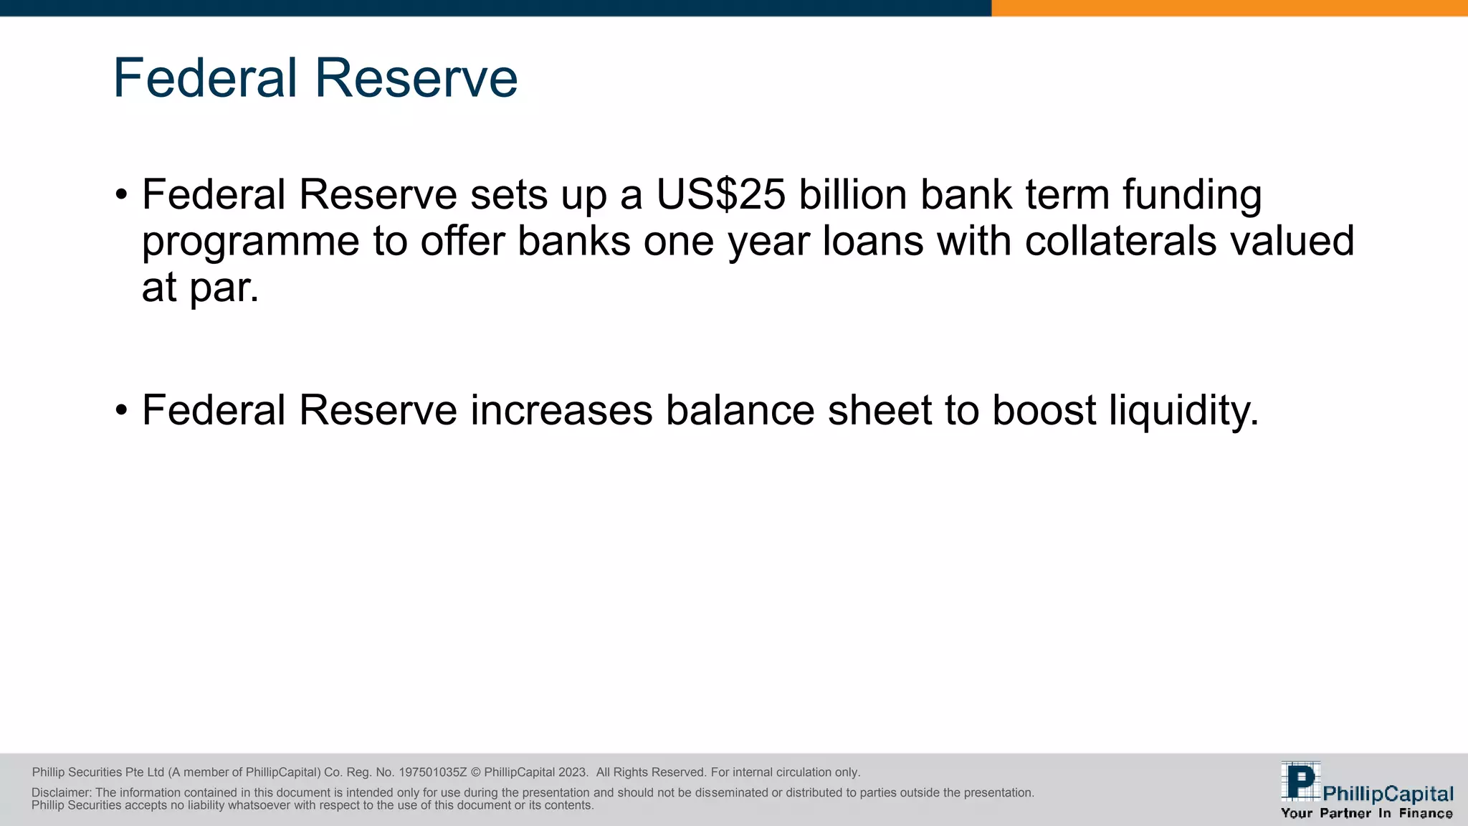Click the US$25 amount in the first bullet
[720, 195]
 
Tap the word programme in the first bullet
[250, 242]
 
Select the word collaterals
[1120, 241]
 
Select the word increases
[561, 411]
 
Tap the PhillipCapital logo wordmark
[1388, 794]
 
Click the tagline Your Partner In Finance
[1366, 813]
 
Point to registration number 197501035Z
[433, 772]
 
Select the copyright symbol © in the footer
[475, 772]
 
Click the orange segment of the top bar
[1229, 8]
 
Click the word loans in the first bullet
[872, 241]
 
